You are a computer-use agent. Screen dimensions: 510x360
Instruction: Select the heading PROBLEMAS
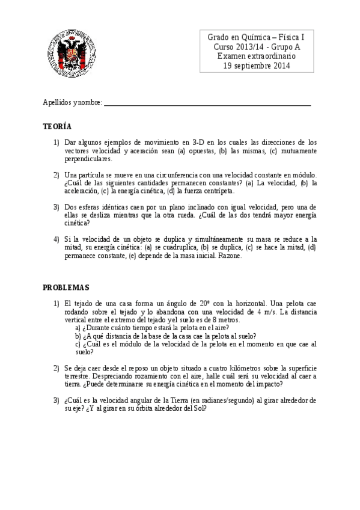click(66, 287)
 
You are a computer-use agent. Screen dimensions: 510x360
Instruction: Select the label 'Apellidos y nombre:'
click(73, 103)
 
